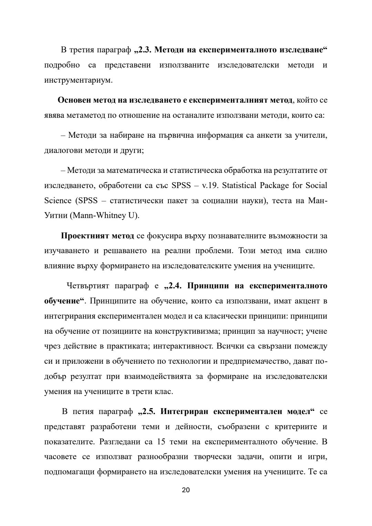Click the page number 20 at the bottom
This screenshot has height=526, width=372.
coord(186,490)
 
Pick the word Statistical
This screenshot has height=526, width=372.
coord(239,186)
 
